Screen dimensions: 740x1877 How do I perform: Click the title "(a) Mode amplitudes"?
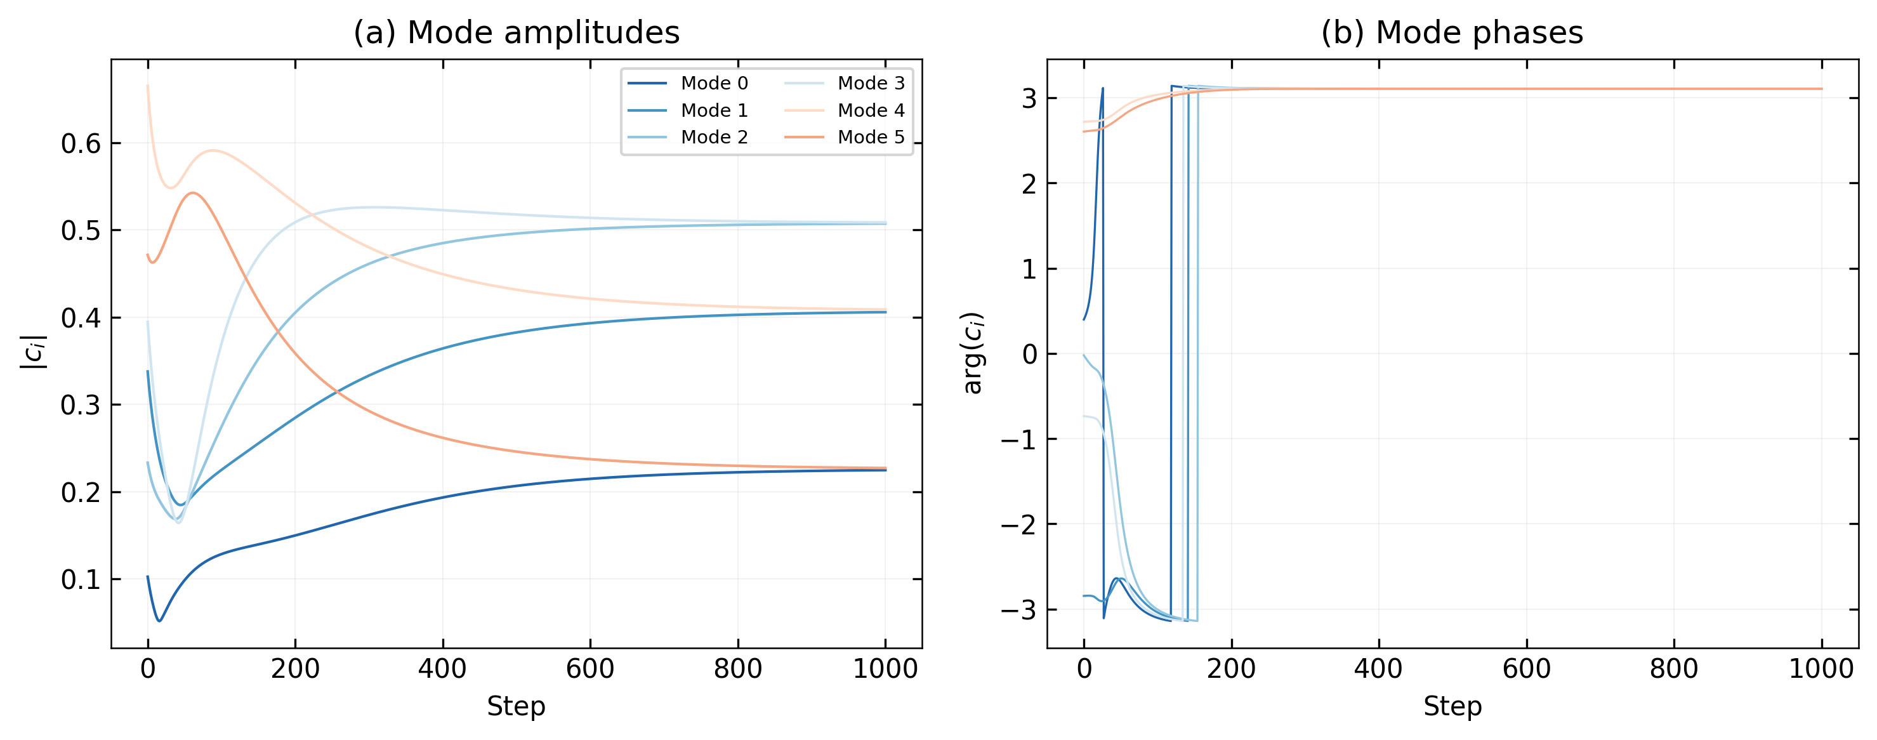tap(516, 33)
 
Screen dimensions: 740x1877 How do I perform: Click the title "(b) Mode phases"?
tap(1452, 33)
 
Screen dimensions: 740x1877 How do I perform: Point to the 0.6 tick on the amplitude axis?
tap(80, 143)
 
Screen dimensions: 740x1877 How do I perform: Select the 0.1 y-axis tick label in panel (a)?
tap(80, 579)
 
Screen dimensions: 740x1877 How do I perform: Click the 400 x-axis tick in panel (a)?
tap(442, 668)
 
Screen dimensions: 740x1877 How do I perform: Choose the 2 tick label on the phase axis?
tap(1028, 183)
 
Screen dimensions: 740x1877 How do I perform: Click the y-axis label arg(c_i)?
tap(973, 353)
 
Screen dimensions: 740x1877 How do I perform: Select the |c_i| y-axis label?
tap(34, 353)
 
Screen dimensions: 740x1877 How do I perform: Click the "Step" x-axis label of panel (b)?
tap(1452, 706)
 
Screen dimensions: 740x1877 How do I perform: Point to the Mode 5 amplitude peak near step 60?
tap(193, 193)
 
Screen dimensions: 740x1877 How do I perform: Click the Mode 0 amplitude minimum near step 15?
tap(159, 621)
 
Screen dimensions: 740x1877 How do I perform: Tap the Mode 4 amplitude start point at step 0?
tap(148, 86)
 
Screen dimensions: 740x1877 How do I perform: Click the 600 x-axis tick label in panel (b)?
tap(1527, 668)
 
